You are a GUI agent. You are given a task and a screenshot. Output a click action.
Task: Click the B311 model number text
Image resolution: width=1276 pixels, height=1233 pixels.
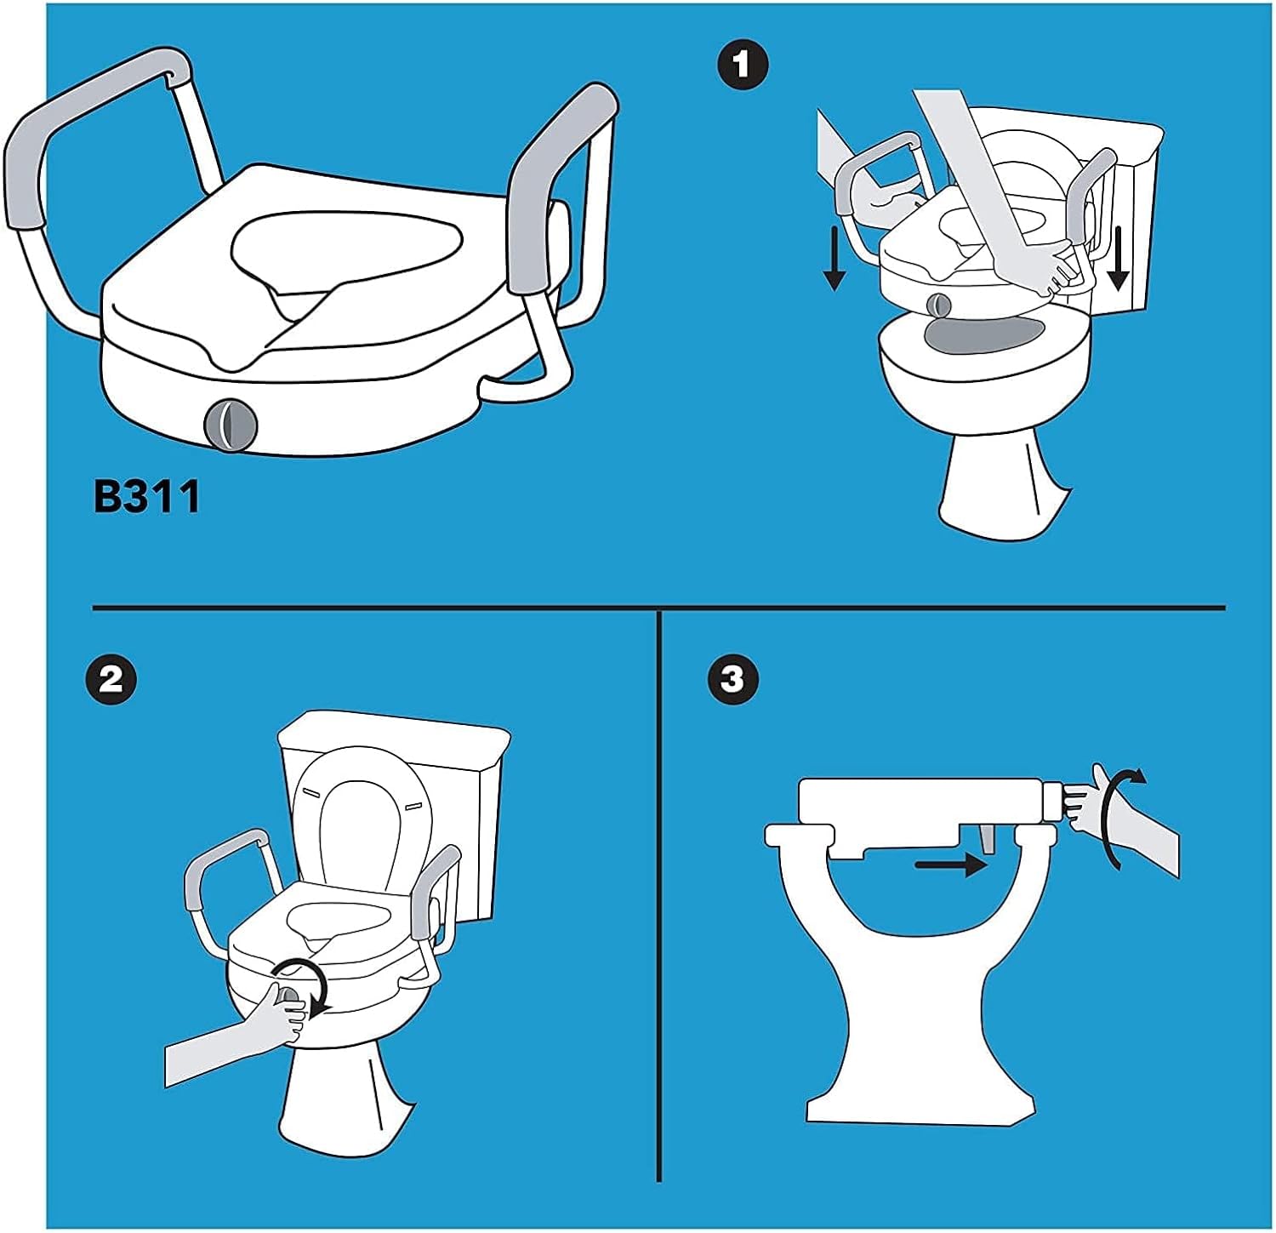[146, 496]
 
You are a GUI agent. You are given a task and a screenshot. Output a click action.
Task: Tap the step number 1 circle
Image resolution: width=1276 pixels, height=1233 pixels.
[742, 65]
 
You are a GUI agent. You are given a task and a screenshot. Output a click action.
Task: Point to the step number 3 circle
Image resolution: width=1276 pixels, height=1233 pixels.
[732, 679]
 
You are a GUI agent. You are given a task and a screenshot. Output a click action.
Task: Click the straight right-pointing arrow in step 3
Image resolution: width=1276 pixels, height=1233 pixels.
[951, 865]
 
